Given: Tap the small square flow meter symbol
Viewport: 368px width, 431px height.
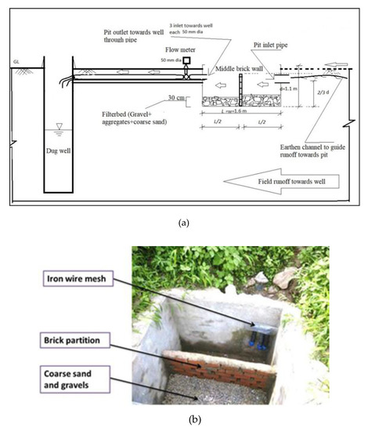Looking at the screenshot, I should point(186,60).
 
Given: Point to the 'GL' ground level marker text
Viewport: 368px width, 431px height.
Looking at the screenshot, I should point(16,60).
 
